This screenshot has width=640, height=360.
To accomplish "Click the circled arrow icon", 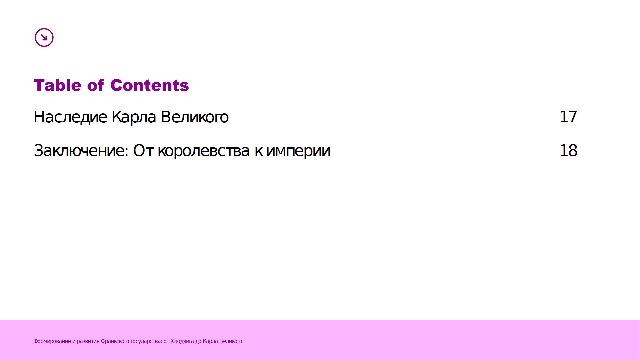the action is (x=44, y=37).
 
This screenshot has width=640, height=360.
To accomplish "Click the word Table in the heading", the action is (x=57, y=85).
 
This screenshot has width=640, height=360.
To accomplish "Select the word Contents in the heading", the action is (x=150, y=85).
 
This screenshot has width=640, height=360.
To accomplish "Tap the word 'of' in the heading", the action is (x=96, y=85).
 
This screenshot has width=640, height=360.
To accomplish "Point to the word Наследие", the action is (x=70, y=117).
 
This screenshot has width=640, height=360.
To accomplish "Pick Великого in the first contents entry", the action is (x=195, y=117).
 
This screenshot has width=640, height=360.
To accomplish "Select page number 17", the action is (x=568, y=117).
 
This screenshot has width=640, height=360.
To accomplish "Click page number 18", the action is (x=568, y=151).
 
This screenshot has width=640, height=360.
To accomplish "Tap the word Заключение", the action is (x=81, y=151).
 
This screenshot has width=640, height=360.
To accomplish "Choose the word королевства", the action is (x=203, y=151).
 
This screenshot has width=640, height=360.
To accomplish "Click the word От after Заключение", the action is (x=143, y=151).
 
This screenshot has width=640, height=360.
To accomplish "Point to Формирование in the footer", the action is (x=52, y=341).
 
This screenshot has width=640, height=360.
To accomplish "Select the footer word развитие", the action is (x=88, y=341).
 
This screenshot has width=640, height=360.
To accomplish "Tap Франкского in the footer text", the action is (x=115, y=341).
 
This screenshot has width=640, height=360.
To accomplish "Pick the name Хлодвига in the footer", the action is (x=182, y=341).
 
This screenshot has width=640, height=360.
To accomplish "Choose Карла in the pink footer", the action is (x=210, y=341).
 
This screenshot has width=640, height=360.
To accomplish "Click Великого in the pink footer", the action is (x=231, y=341).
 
